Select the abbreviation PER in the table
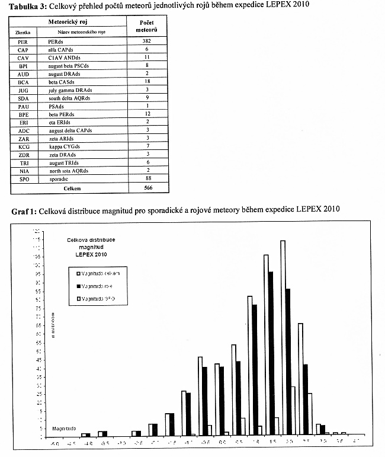24,42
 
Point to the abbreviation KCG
24,146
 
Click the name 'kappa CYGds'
65,146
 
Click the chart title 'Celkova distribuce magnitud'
89,242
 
